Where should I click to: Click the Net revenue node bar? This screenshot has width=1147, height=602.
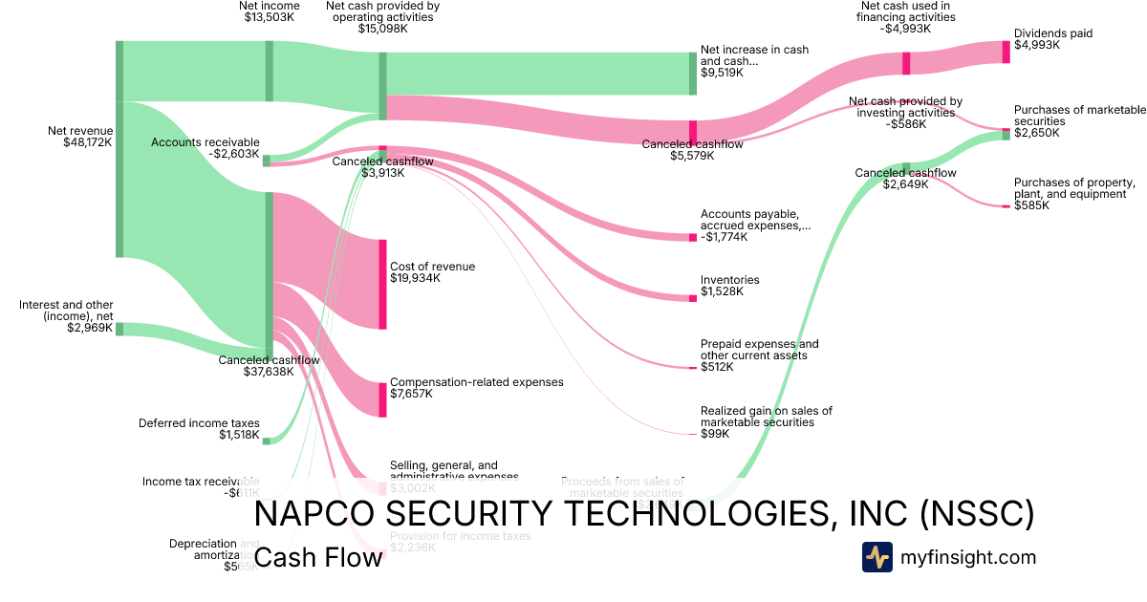tap(119, 149)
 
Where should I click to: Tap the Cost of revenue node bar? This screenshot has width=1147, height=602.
tap(382, 285)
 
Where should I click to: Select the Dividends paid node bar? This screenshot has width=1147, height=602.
tap(1006, 52)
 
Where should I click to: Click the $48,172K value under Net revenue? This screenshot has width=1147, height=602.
tap(81, 143)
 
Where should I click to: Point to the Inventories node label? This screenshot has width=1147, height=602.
tap(729, 280)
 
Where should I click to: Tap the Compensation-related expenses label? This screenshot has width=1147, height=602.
tap(476, 381)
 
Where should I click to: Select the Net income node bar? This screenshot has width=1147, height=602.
tap(269, 71)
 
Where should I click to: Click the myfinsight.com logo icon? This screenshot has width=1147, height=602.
tap(876, 557)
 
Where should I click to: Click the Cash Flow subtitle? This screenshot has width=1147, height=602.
tap(318, 557)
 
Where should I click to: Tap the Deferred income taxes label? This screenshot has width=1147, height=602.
tap(199, 422)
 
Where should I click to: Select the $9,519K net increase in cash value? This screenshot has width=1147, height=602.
tap(722, 72)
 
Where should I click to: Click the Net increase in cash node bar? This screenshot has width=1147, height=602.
tap(693, 73)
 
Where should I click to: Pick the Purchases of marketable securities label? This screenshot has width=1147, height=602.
tap(1075, 116)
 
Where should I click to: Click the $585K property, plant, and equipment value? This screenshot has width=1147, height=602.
tap(1031, 205)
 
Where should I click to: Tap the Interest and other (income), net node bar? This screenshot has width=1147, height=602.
tap(119, 329)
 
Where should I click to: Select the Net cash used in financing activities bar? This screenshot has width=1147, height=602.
tap(906, 63)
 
